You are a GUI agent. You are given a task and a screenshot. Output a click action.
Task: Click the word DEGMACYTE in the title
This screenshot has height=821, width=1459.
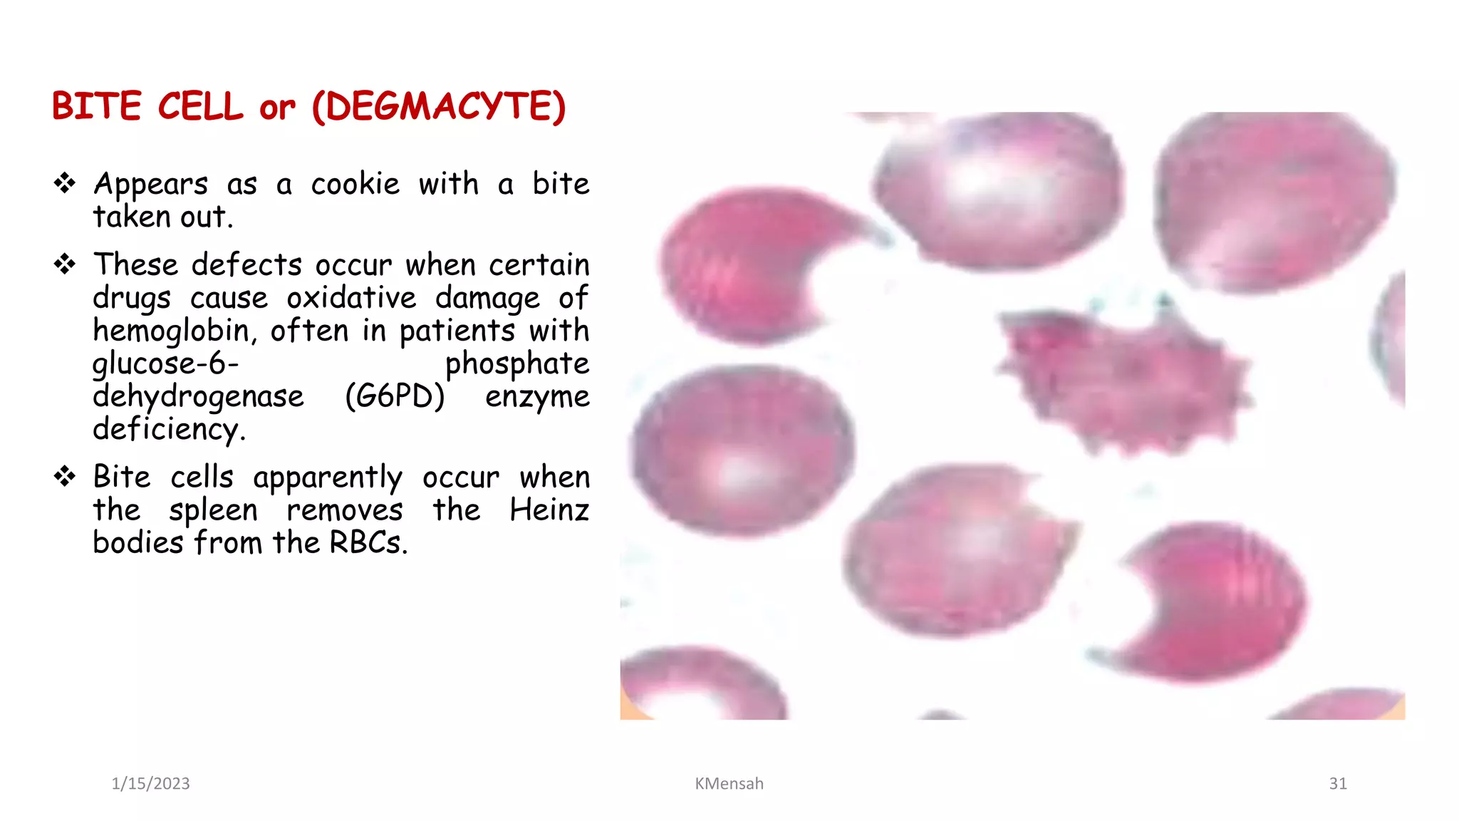click(439, 107)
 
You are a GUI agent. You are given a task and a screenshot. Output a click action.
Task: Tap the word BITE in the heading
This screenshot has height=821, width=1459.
click(96, 107)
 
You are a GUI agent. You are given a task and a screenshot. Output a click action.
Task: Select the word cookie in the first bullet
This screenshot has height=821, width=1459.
click(355, 185)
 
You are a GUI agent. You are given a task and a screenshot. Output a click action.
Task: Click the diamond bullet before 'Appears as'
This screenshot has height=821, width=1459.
click(65, 183)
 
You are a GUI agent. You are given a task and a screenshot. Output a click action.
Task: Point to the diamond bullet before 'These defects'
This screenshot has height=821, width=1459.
click(65, 264)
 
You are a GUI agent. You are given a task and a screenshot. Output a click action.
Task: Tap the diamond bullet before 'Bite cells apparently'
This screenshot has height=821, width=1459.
click(65, 476)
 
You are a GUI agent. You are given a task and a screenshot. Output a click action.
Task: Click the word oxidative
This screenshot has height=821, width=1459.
click(351, 298)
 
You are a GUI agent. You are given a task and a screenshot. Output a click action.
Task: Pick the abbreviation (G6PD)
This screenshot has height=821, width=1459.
click(395, 396)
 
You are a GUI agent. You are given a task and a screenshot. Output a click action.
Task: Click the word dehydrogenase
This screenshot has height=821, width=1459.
click(198, 397)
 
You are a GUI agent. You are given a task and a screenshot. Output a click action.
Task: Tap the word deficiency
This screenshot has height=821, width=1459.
click(168, 430)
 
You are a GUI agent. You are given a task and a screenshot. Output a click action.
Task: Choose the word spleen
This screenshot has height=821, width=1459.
click(213, 510)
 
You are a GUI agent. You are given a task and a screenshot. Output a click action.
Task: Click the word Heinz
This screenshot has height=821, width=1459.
click(549, 510)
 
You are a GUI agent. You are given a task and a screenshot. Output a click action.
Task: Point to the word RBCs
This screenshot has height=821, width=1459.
click(367, 543)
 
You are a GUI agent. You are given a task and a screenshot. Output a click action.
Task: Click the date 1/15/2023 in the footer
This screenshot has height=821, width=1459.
click(150, 784)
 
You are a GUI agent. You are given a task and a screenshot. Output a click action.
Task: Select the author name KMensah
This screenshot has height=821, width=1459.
click(729, 784)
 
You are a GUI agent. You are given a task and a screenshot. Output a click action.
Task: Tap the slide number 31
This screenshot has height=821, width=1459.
click(1338, 784)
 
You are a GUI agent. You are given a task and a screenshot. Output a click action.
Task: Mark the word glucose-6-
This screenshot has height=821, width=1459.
click(165, 364)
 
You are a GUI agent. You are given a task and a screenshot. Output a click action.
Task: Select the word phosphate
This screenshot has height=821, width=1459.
click(517, 364)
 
